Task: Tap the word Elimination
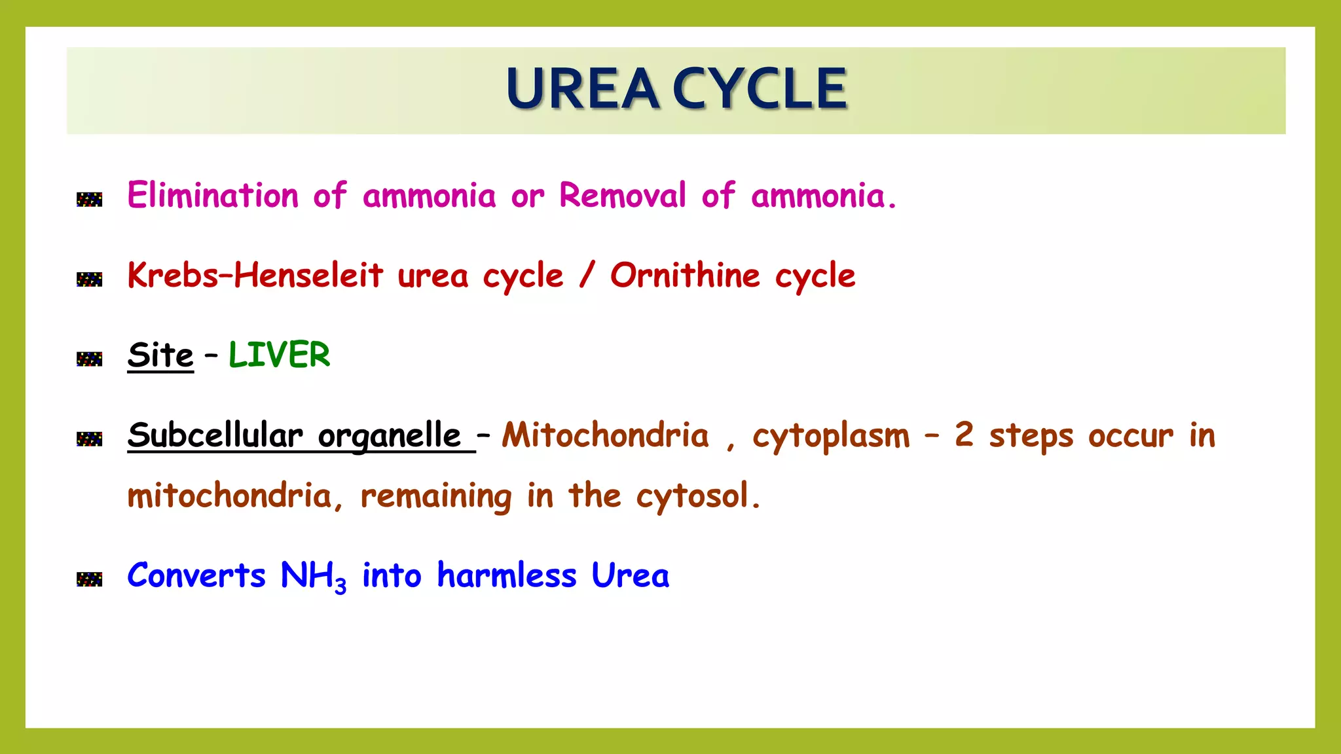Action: [x=213, y=196]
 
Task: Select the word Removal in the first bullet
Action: [x=622, y=196]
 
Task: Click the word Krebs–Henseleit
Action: [x=255, y=276]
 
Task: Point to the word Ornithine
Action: [x=685, y=276]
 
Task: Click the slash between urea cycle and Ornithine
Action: [x=587, y=276]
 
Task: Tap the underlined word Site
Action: [x=160, y=355]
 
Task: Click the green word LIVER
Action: [x=279, y=355]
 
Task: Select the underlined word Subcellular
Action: [x=215, y=435]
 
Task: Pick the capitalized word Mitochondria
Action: [x=605, y=435]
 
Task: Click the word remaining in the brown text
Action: [x=436, y=496]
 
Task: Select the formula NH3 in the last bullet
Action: [x=313, y=576]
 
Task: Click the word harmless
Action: [x=506, y=576]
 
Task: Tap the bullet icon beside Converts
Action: [x=90, y=579]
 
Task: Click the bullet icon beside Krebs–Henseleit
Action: [x=90, y=279]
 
